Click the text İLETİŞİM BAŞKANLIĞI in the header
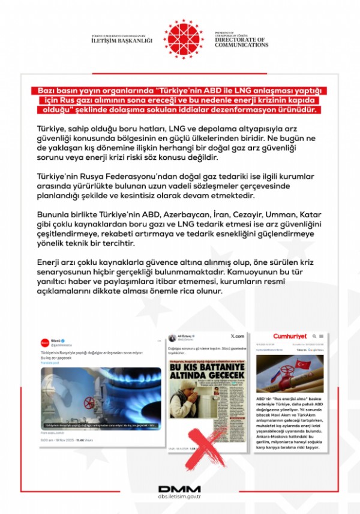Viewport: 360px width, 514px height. pos(122,41)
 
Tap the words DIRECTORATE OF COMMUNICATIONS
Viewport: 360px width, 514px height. pos(241,41)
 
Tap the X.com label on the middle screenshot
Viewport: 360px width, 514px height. pos(236,336)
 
